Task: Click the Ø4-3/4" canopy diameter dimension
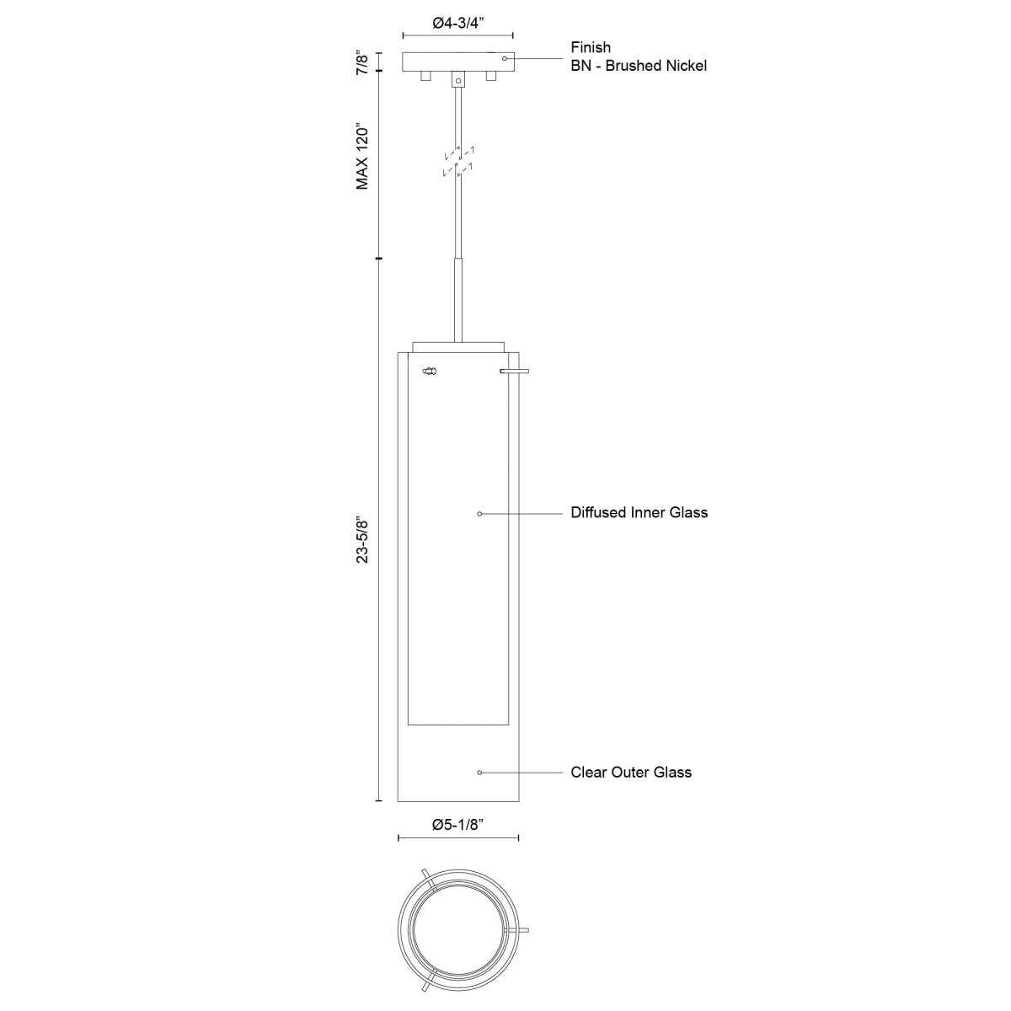pos(458,24)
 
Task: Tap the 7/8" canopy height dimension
pos(363,63)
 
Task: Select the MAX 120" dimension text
pos(363,158)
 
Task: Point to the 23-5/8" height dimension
pos(363,540)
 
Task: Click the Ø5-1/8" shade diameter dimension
pos(458,826)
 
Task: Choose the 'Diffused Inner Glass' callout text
pos(639,512)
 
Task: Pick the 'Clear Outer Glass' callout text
pos(631,772)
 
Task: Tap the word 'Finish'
pos(591,47)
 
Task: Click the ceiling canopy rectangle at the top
pos(458,62)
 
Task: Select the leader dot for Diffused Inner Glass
pos(479,513)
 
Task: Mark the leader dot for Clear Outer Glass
pos(479,773)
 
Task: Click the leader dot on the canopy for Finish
pos(505,58)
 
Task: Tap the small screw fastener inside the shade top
pos(430,370)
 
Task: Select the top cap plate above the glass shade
pos(458,346)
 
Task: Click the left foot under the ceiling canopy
pos(425,77)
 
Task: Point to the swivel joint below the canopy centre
pos(458,79)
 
